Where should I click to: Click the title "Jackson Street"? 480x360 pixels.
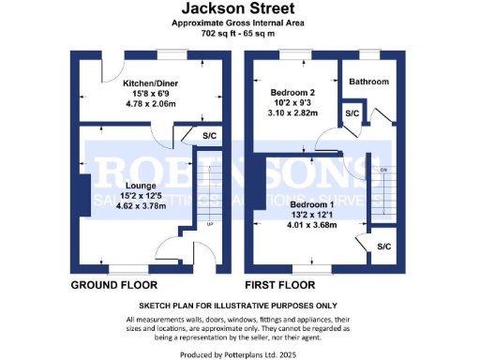pyautogui.click(x=239, y=9)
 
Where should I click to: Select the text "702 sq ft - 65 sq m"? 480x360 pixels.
pyautogui.click(x=239, y=33)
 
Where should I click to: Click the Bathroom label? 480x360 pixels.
pyautogui.click(x=368, y=82)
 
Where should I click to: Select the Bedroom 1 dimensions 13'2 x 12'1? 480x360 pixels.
pyautogui.click(x=313, y=215)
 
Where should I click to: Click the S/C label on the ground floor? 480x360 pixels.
pyautogui.click(x=210, y=136)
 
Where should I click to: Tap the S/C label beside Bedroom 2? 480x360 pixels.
pyautogui.click(x=352, y=113)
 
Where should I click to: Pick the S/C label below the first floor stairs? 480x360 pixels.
pyautogui.click(x=383, y=247)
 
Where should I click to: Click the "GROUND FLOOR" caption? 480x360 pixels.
pyautogui.click(x=113, y=283)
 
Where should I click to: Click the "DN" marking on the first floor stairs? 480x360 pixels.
pyautogui.click(x=383, y=170)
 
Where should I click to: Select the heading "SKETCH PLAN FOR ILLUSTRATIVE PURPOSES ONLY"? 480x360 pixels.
pyautogui.click(x=239, y=306)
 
